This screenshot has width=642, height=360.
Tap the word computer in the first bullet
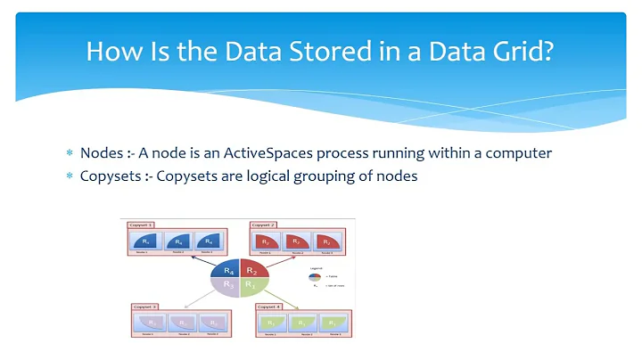tap(521, 152)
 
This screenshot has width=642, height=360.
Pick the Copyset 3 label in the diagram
tap(145, 307)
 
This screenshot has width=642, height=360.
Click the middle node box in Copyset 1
tap(178, 241)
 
